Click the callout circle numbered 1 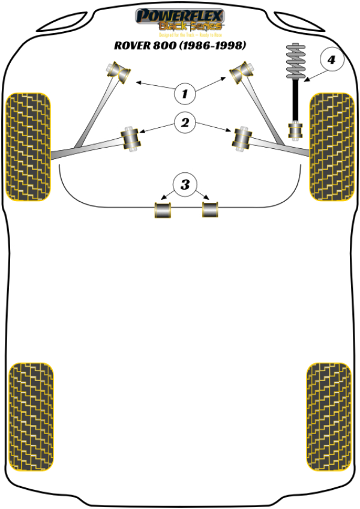pyautogui.click(x=185, y=93)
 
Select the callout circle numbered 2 pyautogui.click(x=185, y=123)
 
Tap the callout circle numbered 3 pyautogui.click(x=185, y=184)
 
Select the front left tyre pyautogui.click(x=28, y=146)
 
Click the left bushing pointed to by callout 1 pyautogui.click(x=119, y=71)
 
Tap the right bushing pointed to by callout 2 pyautogui.click(x=242, y=139)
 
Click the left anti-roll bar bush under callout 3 pyautogui.click(x=164, y=210)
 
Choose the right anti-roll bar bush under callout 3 pyautogui.click(x=209, y=209)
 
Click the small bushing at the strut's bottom pyautogui.click(x=295, y=130)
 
